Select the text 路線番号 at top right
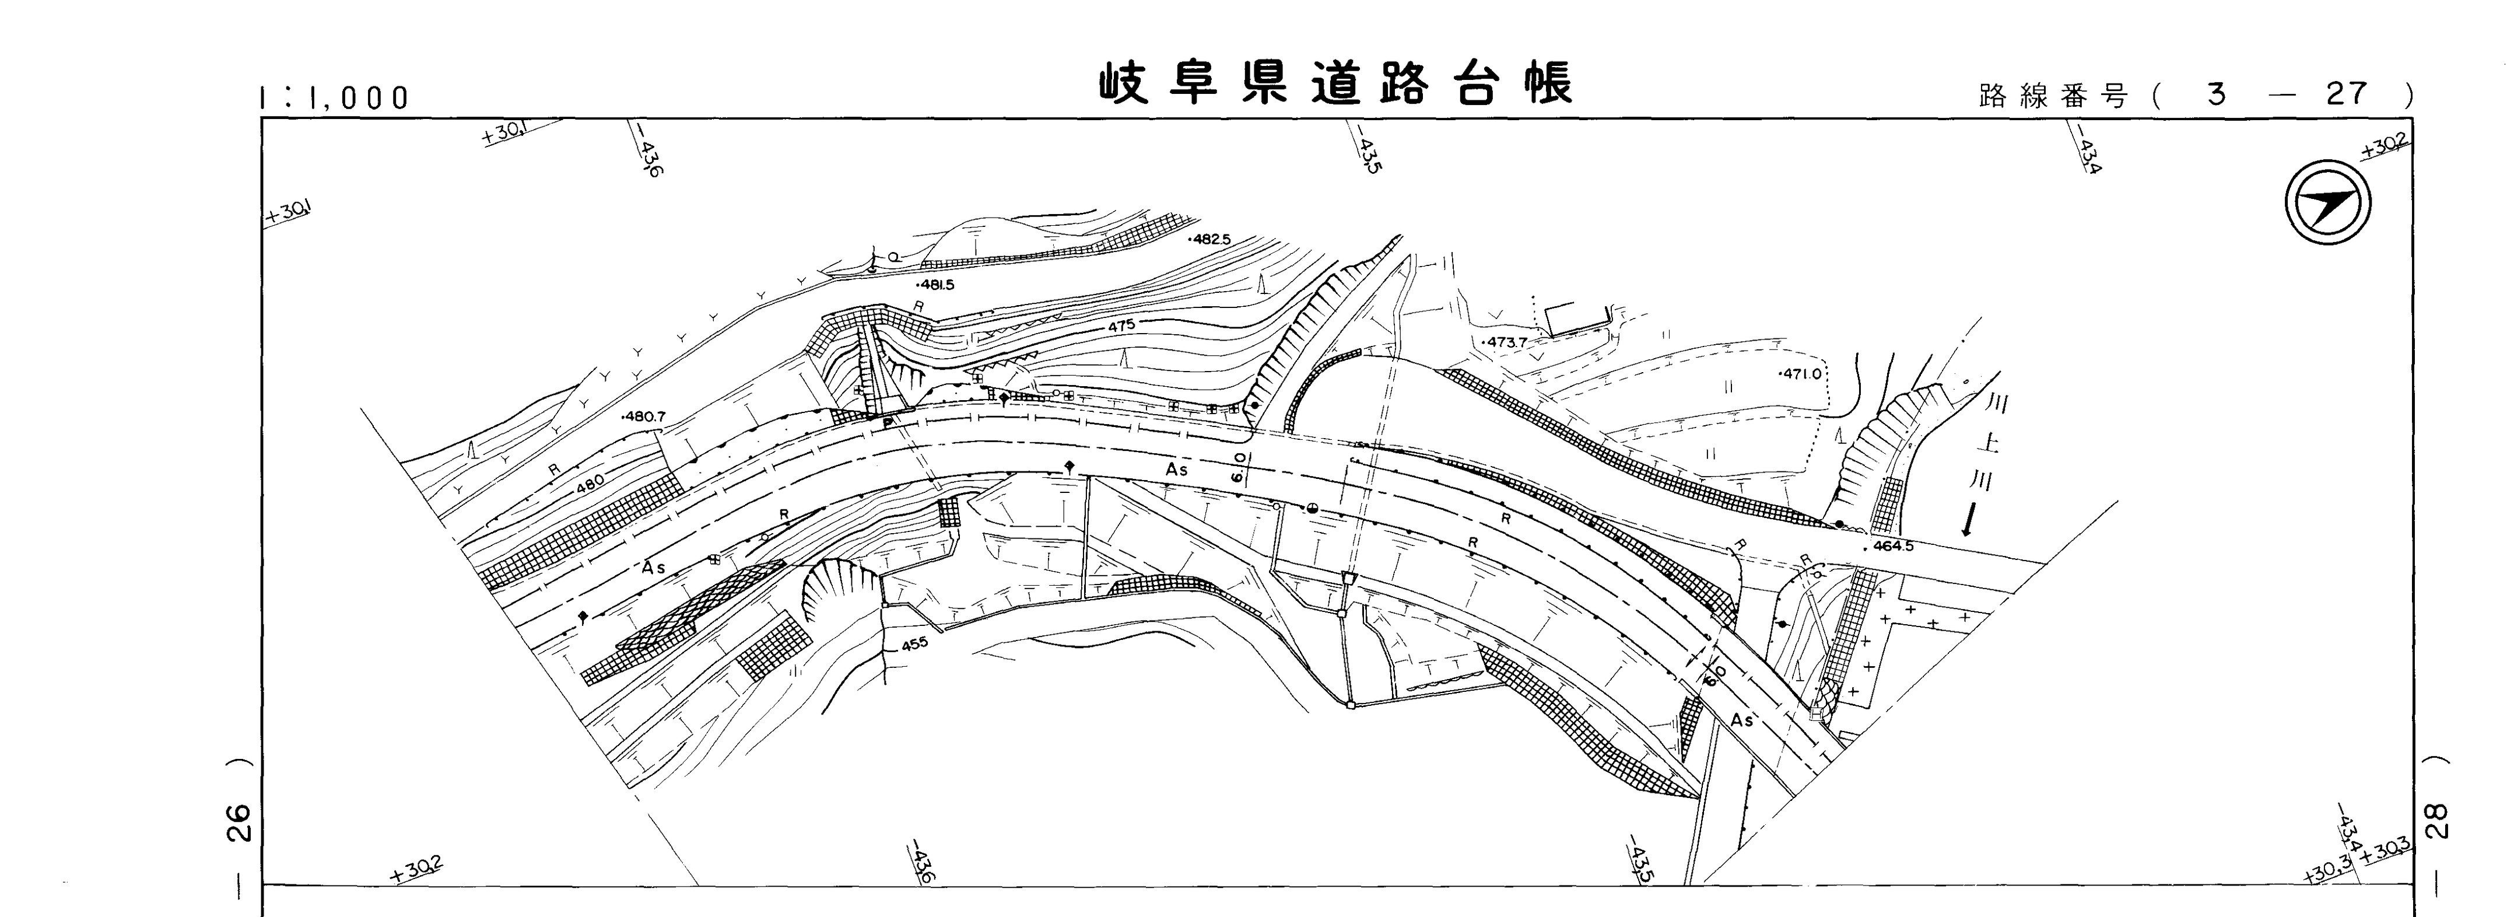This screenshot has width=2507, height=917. [2053, 96]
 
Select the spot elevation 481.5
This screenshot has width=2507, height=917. [936, 285]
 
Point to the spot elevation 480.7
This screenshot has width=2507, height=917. [643, 416]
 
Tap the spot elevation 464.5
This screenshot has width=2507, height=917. [1888, 546]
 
